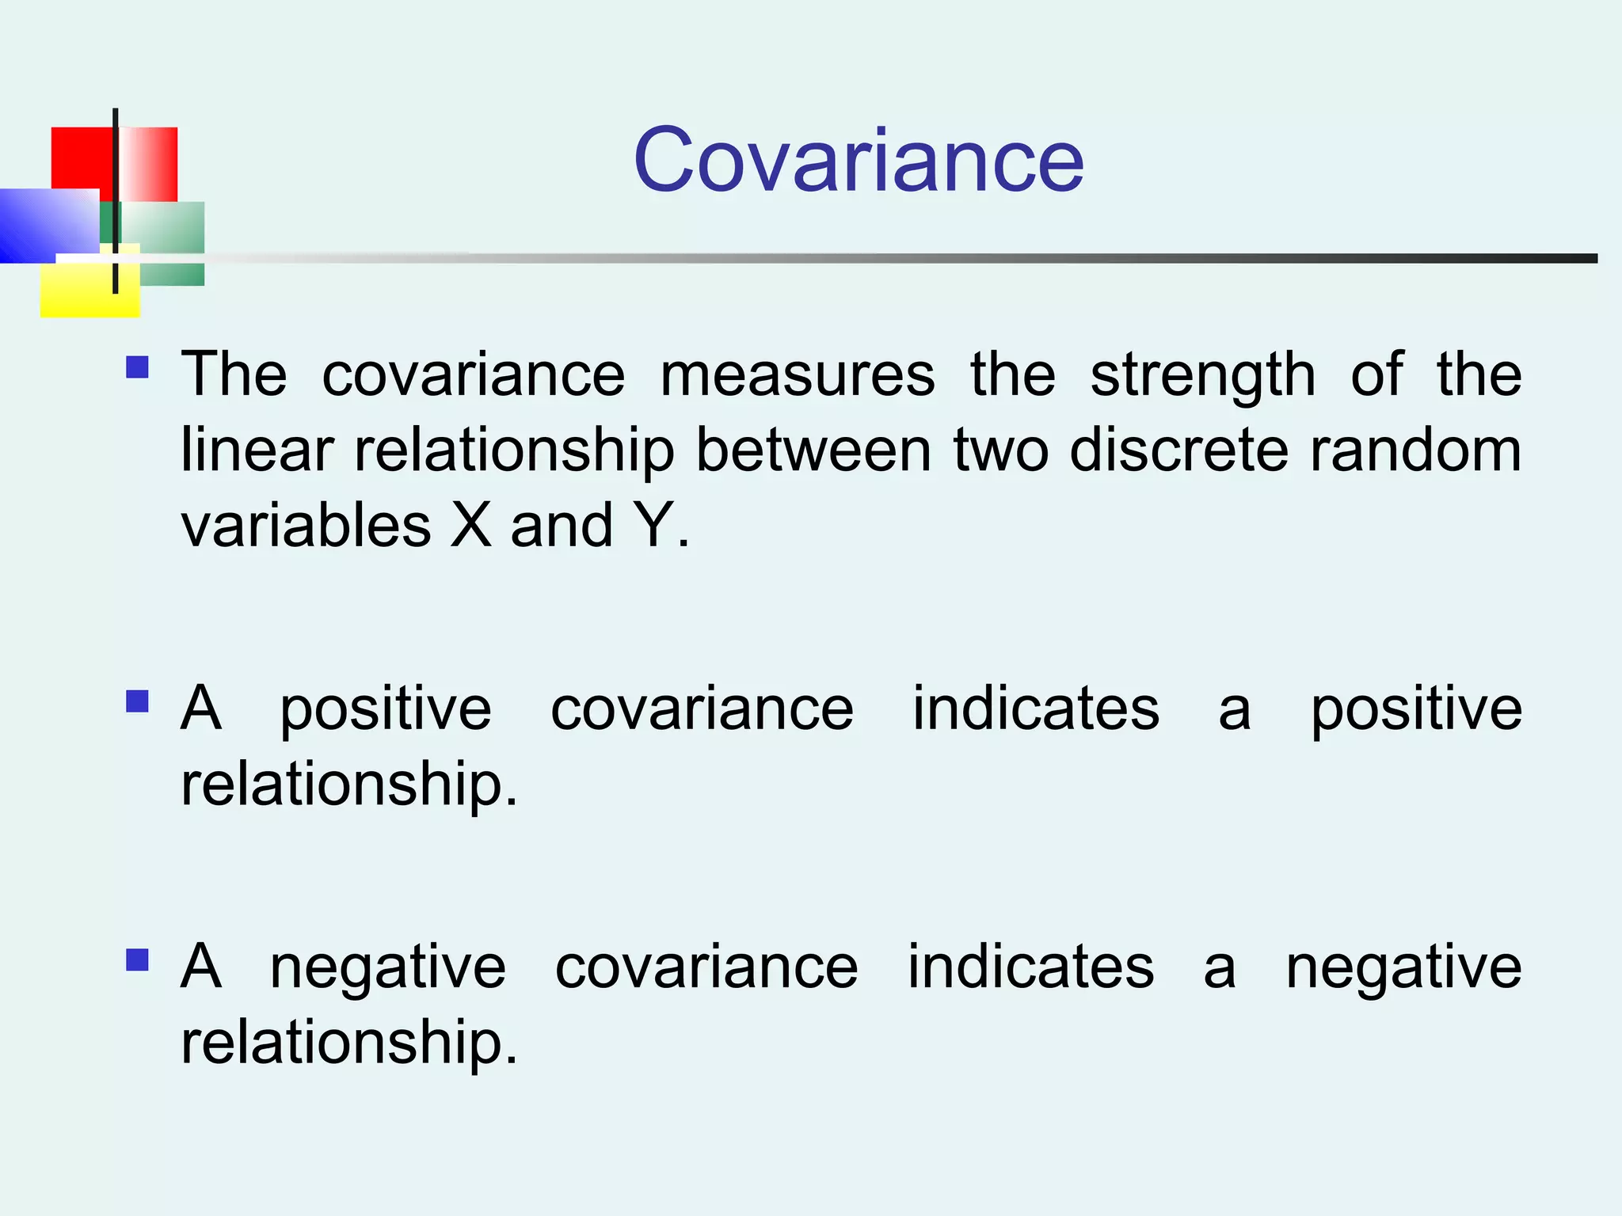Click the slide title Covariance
coord(859,161)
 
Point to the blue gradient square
coord(48,226)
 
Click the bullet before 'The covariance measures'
coord(137,368)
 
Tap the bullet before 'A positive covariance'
coord(137,702)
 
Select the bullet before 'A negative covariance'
coord(137,960)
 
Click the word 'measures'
coord(798,374)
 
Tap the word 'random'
coord(1415,450)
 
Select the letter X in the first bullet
coord(471,525)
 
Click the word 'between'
coord(813,450)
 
